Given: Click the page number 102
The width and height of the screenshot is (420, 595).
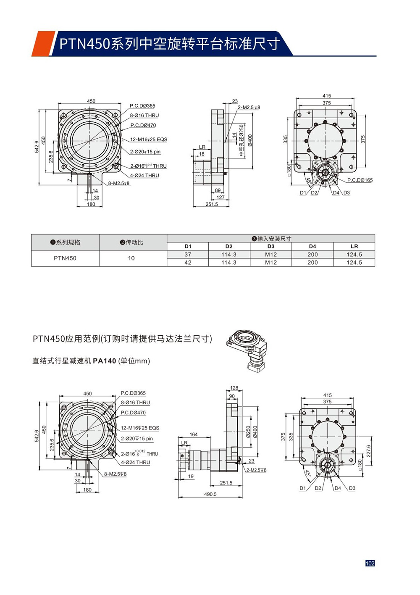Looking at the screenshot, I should (370, 563).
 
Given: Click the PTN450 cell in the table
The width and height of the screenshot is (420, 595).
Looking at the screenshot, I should (65, 258).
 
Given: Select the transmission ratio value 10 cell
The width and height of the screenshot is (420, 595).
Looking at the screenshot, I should (131, 258).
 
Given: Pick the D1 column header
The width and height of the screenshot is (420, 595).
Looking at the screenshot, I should (188, 246).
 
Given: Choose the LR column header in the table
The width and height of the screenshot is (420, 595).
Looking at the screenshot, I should (354, 246).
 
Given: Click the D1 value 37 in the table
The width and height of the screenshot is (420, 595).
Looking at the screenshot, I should (188, 254).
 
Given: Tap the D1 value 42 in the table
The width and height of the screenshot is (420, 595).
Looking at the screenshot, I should (188, 262).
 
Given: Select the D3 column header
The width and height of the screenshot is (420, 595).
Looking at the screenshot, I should (271, 246).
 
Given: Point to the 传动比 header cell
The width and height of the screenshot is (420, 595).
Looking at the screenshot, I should (131, 242).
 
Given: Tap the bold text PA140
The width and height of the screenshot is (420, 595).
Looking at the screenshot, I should (104, 361).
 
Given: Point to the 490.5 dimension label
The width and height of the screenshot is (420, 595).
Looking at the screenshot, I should (210, 494).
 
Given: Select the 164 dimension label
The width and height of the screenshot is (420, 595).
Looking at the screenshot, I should (194, 434).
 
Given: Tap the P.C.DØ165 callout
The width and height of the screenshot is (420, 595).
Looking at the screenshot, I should (360, 180).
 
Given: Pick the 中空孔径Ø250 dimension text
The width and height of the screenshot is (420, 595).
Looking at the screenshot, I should (241, 140).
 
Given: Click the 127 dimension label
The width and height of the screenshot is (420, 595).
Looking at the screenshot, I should (220, 197).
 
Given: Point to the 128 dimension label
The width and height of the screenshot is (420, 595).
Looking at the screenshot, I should (234, 388).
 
